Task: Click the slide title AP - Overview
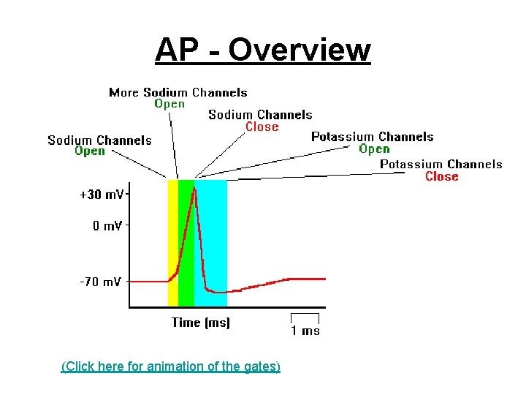pyautogui.click(x=263, y=50)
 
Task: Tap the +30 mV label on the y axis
pyautogui.click(x=102, y=195)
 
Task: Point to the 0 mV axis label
pyautogui.click(x=107, y=226)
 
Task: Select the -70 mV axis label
pyautogui.click(x=101, y=282)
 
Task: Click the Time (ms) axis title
pyautogui.click(x=200, y=323)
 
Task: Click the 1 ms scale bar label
pyautogui.click(x=305, y=331)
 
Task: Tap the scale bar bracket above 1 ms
pyautogui.click(x=305, y=316)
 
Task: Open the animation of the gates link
pyautogui.click(x=170, y=366)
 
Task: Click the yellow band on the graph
pyautogui.click(x=172, y=241)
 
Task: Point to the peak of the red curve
pyautogui.click(x=194, y=188)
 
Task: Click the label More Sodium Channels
pyautogui.click(x=178, y=92)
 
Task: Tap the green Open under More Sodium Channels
pyautogui.click(x=169, y=104)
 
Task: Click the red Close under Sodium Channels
pyautogui.click(x=262, y=127)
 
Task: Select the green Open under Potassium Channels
pyautogui.click(x=374, y=148)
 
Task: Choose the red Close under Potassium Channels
pyautogui.click(x=441, y=176)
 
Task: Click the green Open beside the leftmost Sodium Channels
pyautogui.click(x=90, y=151)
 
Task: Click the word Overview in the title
pyautogui.click(x=300, y=50)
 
